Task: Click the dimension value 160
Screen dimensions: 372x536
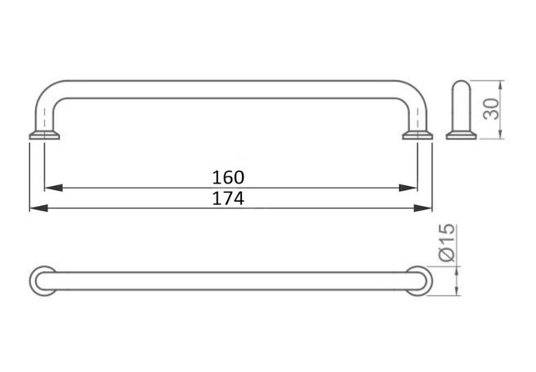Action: (x=229, y=176)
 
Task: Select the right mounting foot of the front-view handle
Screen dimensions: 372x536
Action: (x=419, y=136)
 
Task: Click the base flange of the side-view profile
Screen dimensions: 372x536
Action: (x=461, y=136)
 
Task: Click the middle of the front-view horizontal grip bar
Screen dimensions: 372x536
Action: (x=231, y=89)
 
